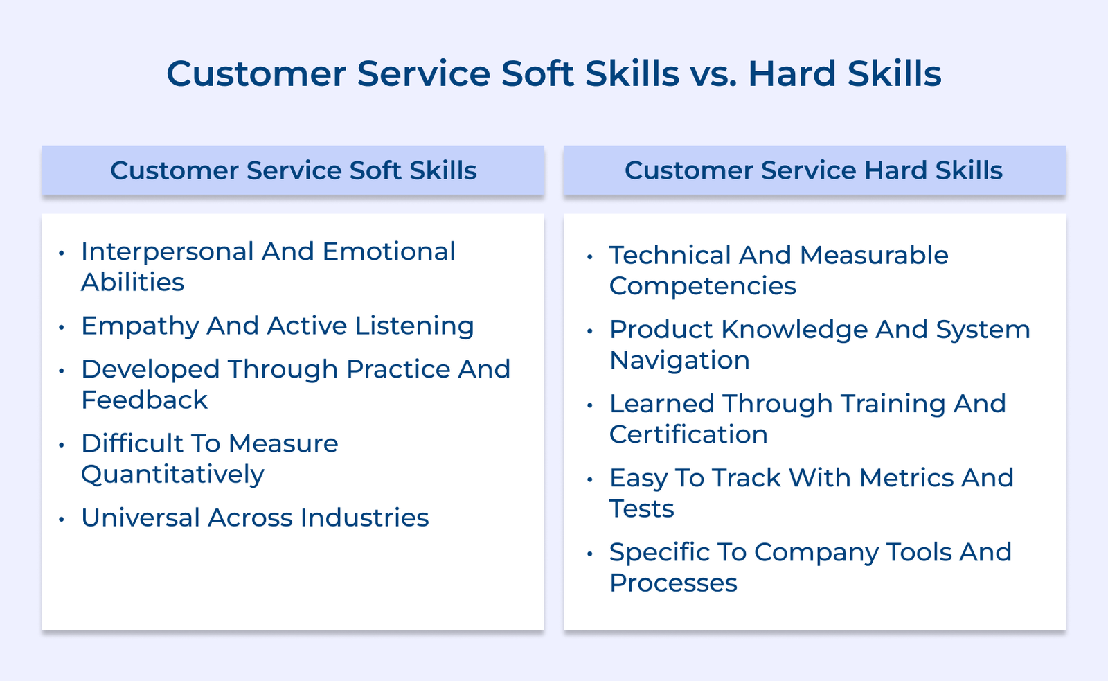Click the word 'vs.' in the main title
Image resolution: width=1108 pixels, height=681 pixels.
coord(713,73)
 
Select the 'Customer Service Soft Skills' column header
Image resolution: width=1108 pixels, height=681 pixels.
coord(293,170)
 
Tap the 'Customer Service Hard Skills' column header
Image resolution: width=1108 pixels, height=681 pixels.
coord(814,170)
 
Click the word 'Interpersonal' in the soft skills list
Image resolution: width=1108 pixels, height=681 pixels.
coord(167,251)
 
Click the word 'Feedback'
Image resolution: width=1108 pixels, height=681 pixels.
coord(144,400)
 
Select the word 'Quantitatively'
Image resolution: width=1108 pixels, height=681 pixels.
coord(172,475)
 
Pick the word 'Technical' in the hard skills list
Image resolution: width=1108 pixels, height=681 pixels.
coord(670,255)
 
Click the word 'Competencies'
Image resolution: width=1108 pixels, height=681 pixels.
coord(702,286)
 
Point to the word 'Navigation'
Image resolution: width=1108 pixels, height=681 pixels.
coord(679,360)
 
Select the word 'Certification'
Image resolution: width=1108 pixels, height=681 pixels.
coord(688,434)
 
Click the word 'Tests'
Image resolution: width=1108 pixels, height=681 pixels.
coord(641,508)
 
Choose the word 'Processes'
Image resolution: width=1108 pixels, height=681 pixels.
coord(673,583)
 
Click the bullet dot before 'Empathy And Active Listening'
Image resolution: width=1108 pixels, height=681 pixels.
coord(62,327)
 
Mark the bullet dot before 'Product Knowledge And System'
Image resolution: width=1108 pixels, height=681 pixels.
coord(590,331)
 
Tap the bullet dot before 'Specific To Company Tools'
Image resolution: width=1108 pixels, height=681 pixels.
coord(590,554)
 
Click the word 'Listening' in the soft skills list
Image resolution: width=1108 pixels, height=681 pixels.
coord(414,326)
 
